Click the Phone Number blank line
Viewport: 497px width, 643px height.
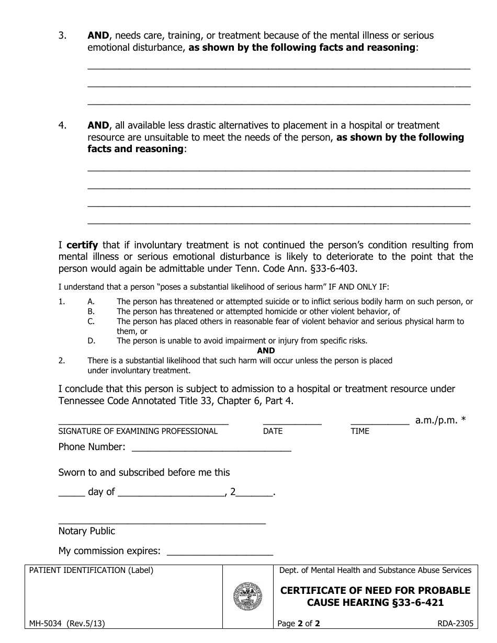pyautogui.click(x=211, y=449)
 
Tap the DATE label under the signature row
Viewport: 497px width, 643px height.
pyautogui.click(x=273, y=431)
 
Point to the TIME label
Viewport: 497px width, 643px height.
pyautogui.click(x=360, y=431)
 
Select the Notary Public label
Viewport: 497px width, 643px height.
pyautogui.click(x=86, y=531)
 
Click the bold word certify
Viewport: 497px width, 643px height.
pyautogui.click(x=82, y=245)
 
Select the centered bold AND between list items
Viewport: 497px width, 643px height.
pyautogui.click(x=266, y=351)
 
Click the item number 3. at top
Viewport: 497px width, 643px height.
pyautogui.click(x=62, y=36)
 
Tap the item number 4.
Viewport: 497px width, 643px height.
pyautogui.click(x=62, y=125)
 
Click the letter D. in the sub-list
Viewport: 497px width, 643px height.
pyautogui.click(x=91, y=341)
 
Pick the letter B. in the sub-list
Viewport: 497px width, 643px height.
pyautogui.click(x=91, y=312)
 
